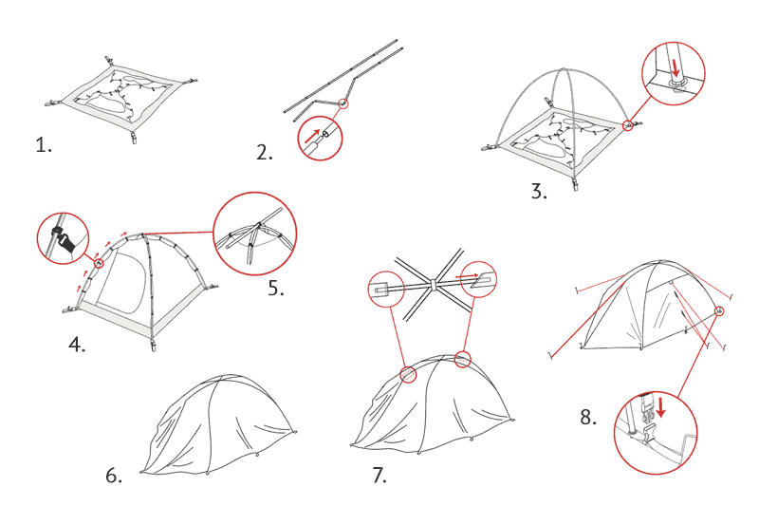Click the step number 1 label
coord(44,145)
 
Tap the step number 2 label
coord(265,153)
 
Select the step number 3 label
coord(539,191)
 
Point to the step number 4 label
coord(77,345)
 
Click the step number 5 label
coord(276,288)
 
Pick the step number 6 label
coord(114,476)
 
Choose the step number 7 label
coord(380,475)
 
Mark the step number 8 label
coord(588,417)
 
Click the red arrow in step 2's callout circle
coord(312,136)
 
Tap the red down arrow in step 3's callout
coord(676,67)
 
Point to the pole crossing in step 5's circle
coord(259,225)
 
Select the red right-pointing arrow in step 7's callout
coord(468,276)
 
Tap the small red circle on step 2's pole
coord(342,103)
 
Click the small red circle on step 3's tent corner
coord(628,125)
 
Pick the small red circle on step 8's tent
coord(719,310)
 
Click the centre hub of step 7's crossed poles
coord(434,284)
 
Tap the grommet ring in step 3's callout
coord(676,84)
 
